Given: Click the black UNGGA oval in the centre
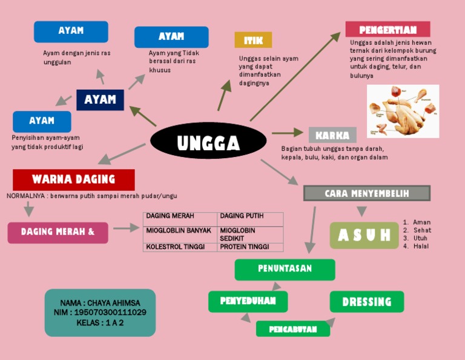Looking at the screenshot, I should pyautogui.click(x=208, y=143).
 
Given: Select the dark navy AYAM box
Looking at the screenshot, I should pyautogui.click(x=100, y=99).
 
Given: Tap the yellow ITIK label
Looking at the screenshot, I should pyautogui.click(x=253, y=41).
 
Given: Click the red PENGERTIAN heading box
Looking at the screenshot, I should pyautogui.click(x=387, y=29).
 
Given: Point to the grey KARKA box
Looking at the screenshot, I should pyautogui.click(x=332, y=135).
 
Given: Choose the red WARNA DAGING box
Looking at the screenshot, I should pyautogui.click(x=73, y=179).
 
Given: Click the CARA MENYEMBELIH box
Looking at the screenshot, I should pyautogui.click(x=366, y=193).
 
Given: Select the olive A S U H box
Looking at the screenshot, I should pyautogui.click(x=364, y=235).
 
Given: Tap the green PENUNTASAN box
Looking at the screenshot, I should pyautogui.click(x=285, y=269).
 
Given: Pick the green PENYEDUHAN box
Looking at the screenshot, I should pyautogui.click(x=248, y=301).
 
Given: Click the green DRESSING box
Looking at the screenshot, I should pyautogui.click(x=366, y=302).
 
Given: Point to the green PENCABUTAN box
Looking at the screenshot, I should pyautogui.click(x=293, y=329).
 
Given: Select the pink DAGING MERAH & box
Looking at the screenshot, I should pyautogui.click(x=58, y=232).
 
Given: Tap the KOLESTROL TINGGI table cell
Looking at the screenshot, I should pyautogui.click(x=180, y=247).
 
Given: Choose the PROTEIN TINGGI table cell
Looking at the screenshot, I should pyautogui.click(x=250, y=247).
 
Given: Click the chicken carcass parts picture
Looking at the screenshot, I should pyautogui.click(x=403, y=111).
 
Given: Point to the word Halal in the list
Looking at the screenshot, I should pyautogui.click(x=421, y=246).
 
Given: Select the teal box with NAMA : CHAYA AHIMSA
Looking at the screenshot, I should pyautogui.click(x=100, y=312).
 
